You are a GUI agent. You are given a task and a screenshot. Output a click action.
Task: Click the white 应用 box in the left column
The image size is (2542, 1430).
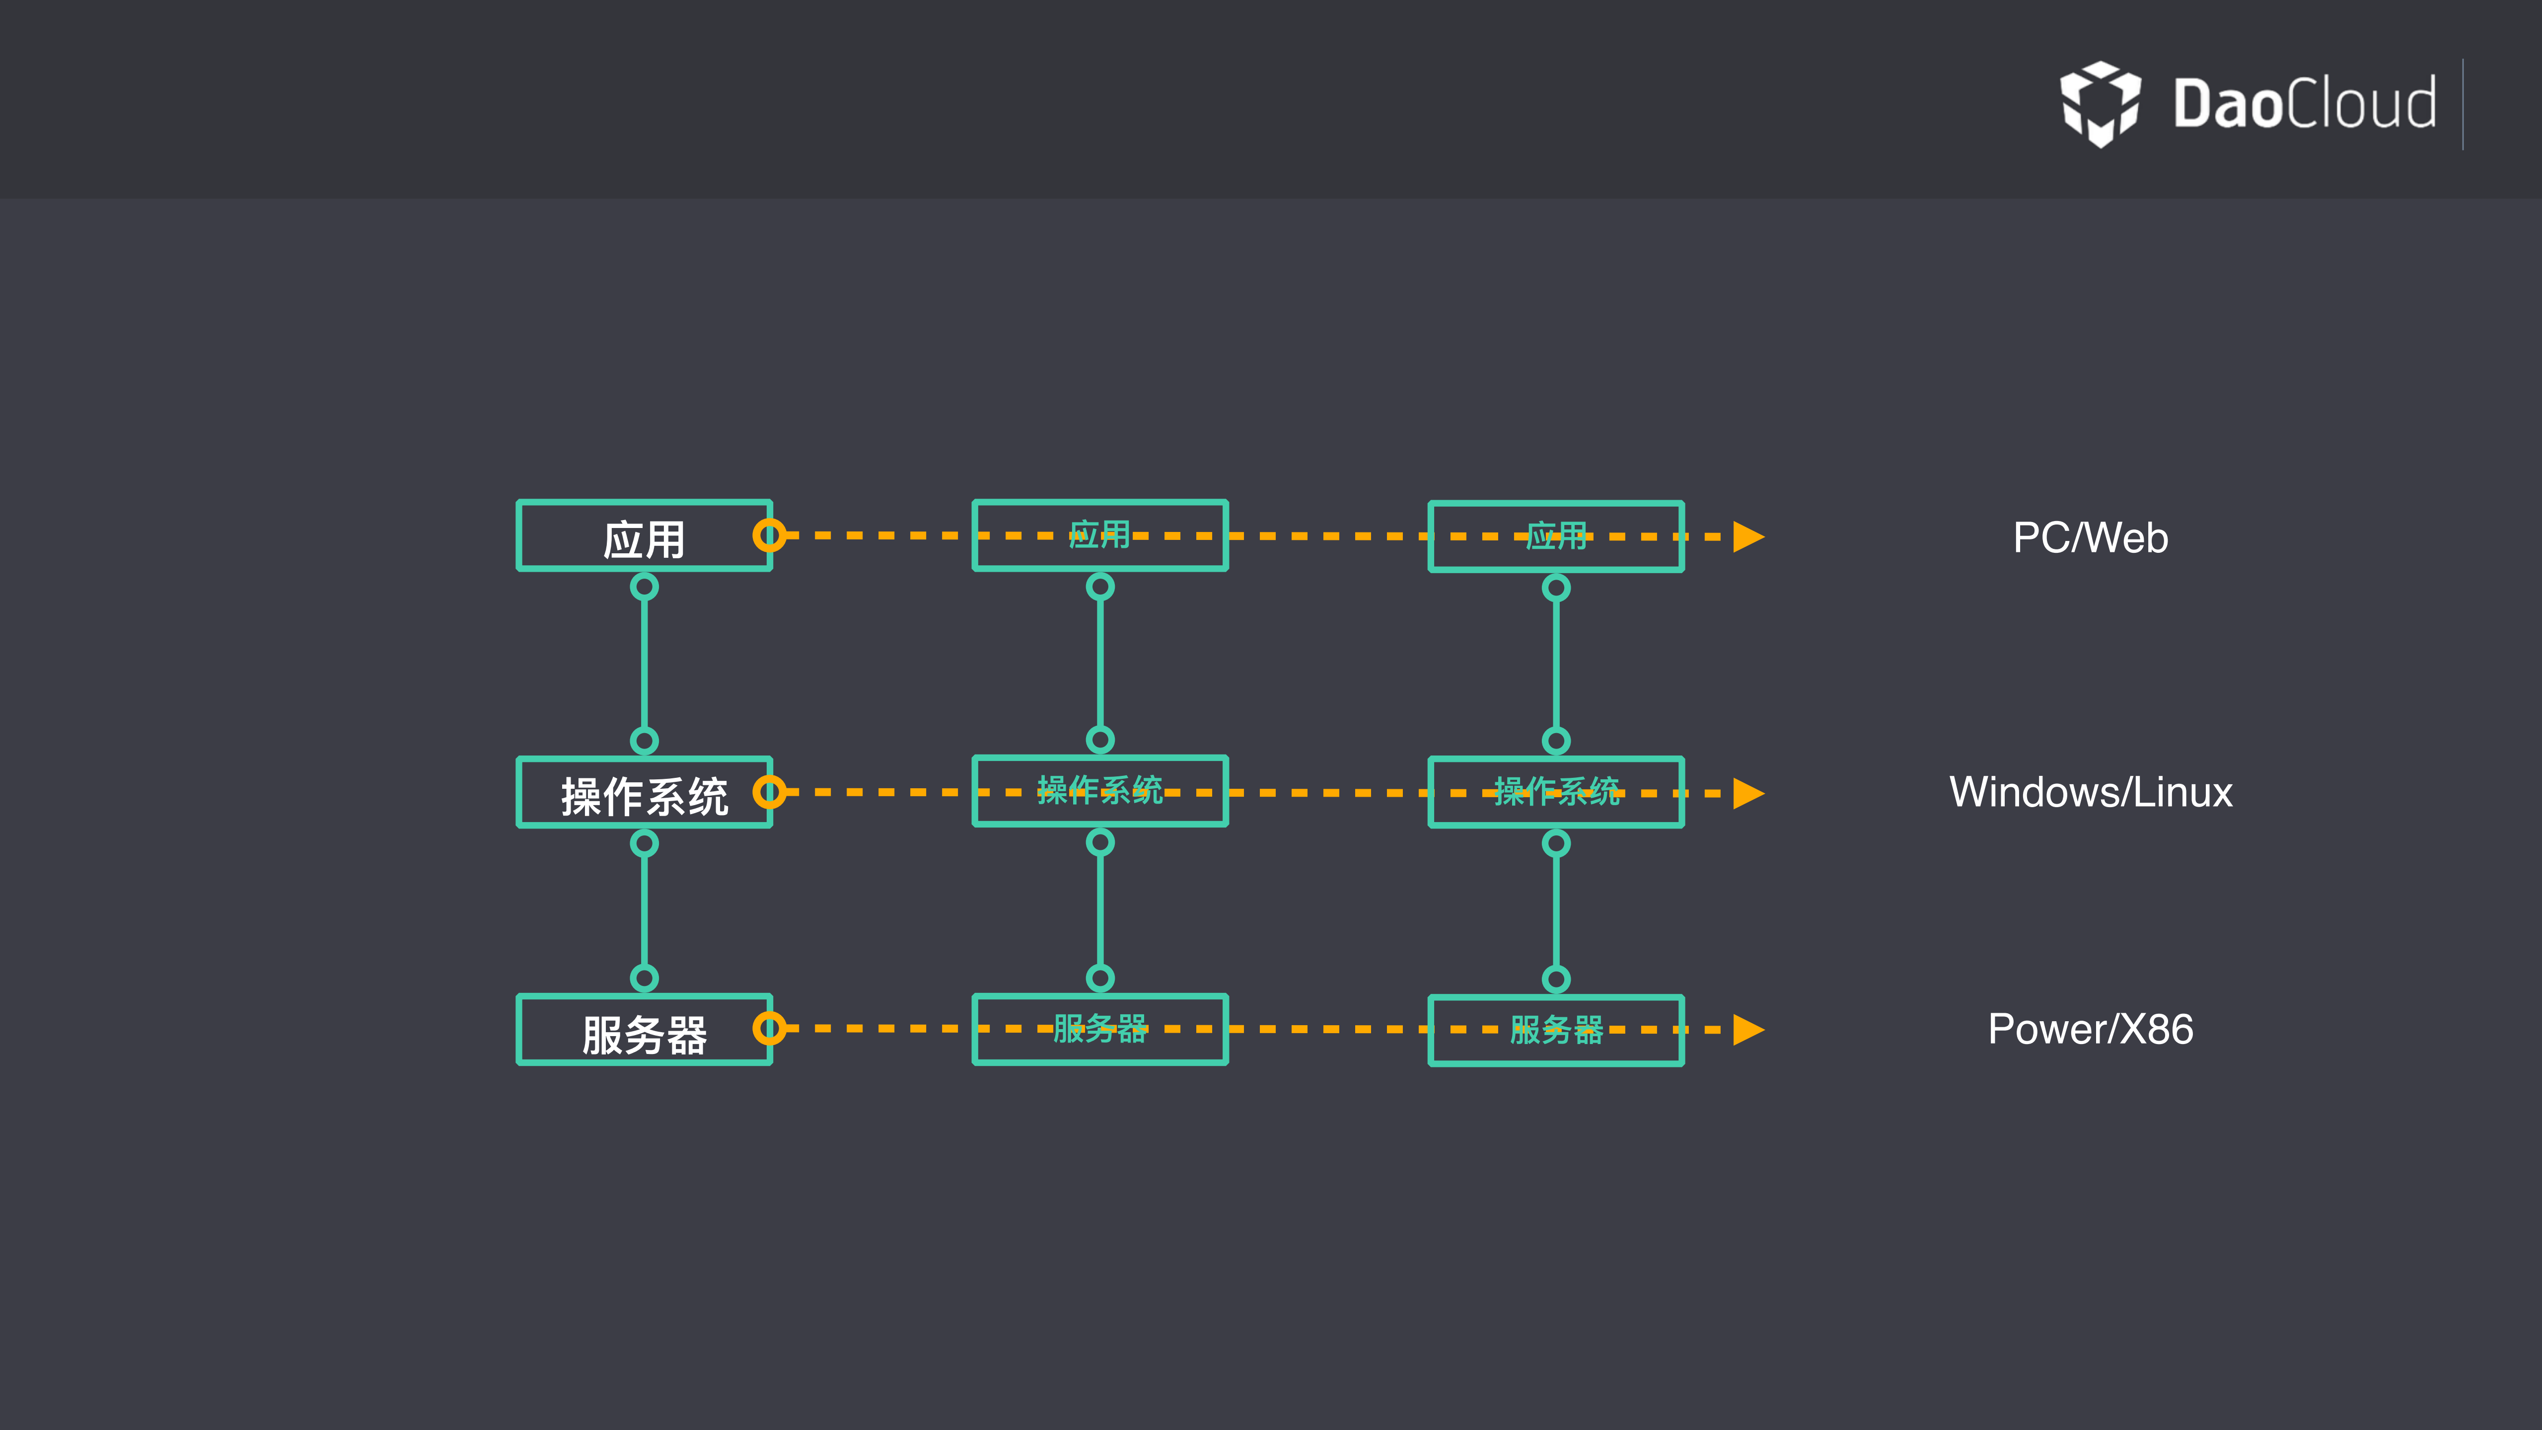tap(644, 536)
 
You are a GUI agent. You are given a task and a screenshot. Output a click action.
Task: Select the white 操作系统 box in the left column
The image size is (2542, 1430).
tap(644, 792)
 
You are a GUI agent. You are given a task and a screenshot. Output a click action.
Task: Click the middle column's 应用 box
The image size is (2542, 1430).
tap(1099, 536)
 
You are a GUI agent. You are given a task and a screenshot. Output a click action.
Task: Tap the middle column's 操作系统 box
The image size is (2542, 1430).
tap(1099, 791)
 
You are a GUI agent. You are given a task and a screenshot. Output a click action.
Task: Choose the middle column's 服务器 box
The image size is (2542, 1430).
tap(1099, 1029)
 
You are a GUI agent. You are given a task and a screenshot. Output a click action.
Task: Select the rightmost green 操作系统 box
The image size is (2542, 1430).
tap(1556, 792)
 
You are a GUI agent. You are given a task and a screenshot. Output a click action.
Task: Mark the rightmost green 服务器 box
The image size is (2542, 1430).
tap(1556, 1030)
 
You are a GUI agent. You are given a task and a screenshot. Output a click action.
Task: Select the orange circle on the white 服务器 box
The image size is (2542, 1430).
tap(769, 1028)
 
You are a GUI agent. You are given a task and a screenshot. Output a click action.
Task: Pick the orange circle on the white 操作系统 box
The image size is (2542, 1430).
tap(769, 791)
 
